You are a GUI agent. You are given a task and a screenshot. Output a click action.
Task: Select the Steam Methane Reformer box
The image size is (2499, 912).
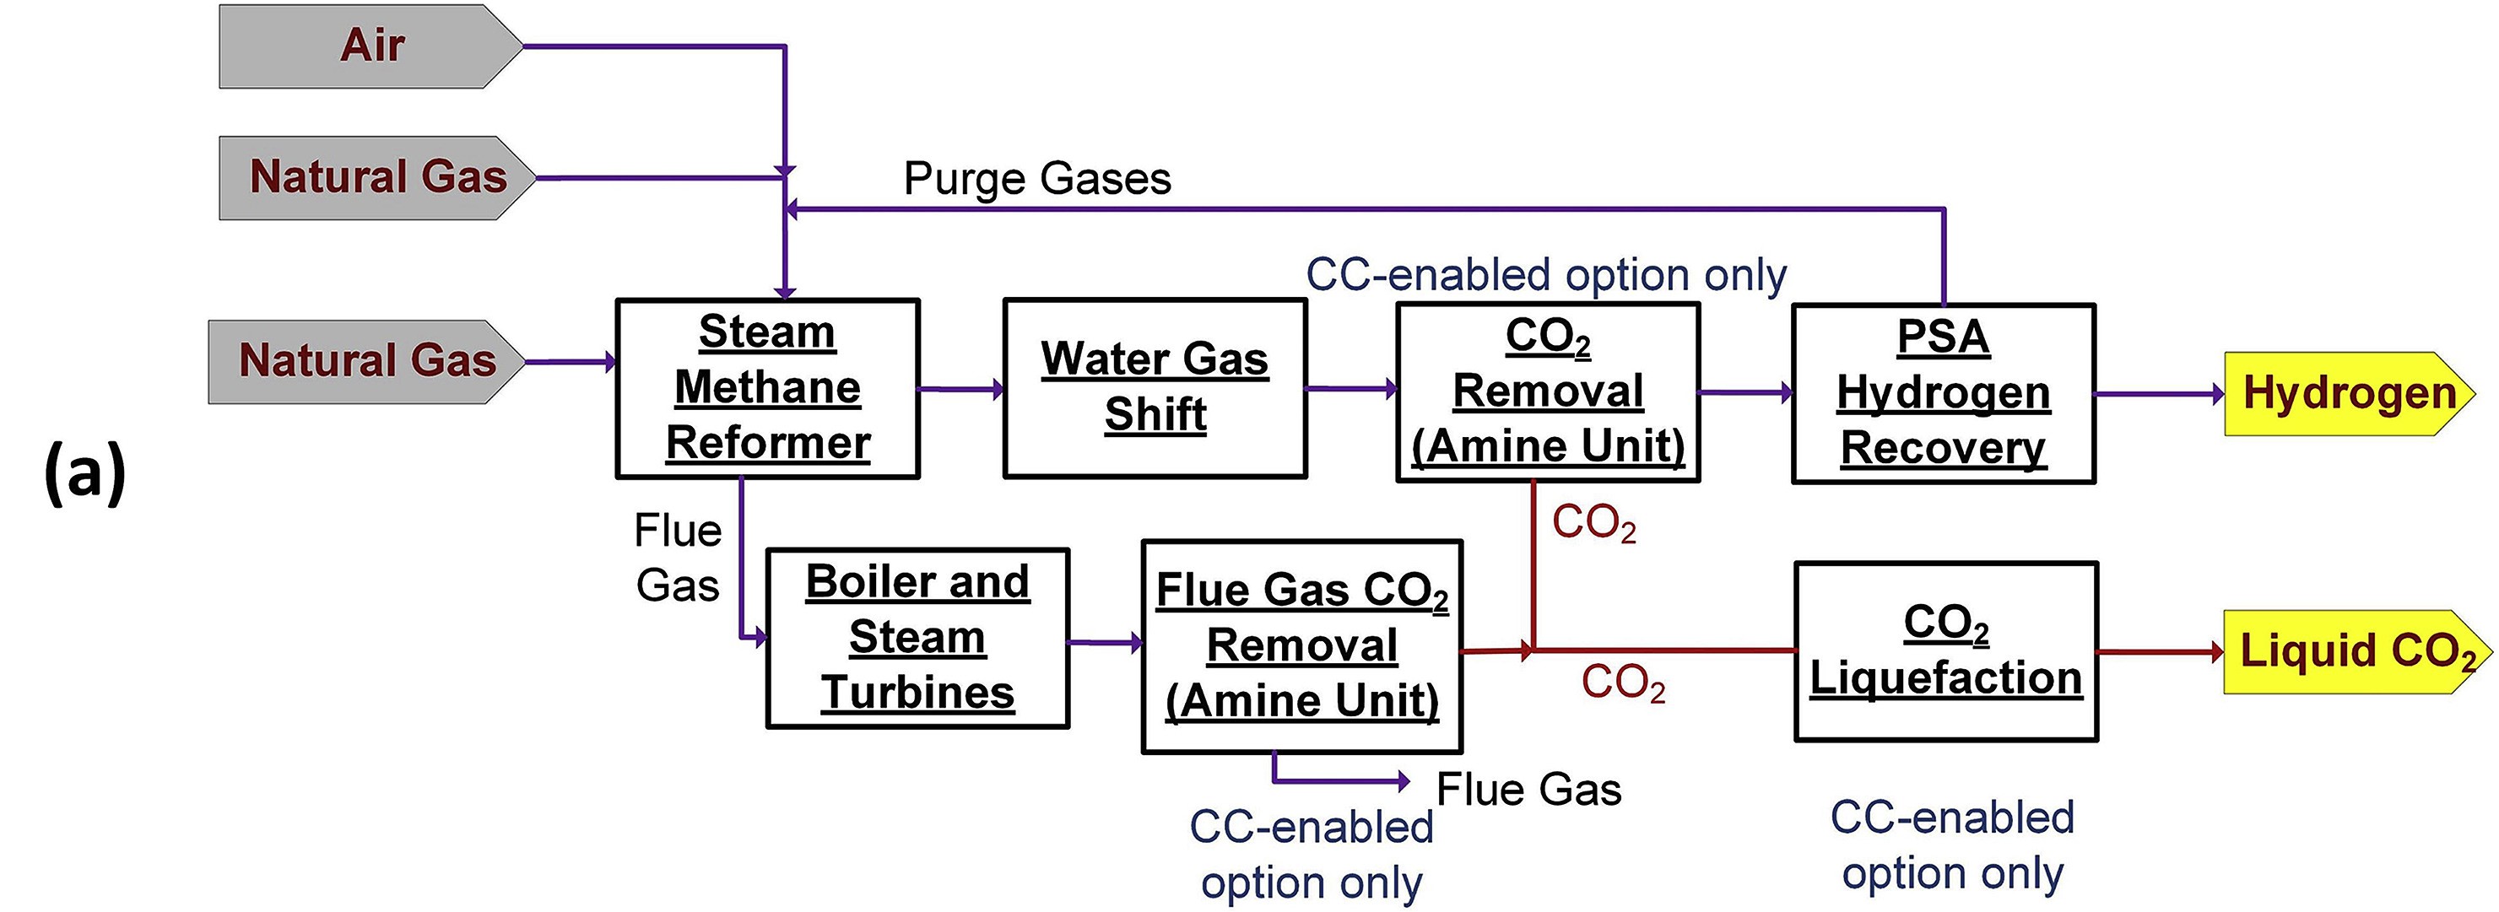point(767,388)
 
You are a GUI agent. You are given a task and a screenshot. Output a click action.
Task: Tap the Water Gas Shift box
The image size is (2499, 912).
point(1155,387)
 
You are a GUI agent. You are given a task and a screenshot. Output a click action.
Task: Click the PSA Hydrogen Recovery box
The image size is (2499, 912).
point(1943,393)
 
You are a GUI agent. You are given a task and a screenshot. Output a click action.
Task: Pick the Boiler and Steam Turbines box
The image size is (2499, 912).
point(917,638)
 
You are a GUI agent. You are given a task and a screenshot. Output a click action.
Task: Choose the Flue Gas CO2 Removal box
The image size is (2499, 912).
point(1302,646)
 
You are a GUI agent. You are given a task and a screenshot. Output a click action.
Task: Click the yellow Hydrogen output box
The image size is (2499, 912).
point(2348,394)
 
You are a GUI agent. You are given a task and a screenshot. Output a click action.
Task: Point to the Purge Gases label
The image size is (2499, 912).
point(1037,179)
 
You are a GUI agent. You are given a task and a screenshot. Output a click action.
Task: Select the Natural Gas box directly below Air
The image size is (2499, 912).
point(377,177)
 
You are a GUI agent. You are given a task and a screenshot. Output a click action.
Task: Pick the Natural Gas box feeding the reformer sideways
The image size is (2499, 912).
point(366,361)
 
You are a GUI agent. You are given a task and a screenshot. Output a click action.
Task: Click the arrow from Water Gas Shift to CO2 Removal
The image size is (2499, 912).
point(1351,389)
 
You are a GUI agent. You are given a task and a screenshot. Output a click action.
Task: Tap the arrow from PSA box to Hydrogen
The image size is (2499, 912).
point(2160,394)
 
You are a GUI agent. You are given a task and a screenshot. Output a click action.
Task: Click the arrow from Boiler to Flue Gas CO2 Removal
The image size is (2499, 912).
point(1106,642)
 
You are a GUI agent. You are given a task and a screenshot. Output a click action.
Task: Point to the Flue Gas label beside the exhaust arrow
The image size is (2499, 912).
point(1528,789)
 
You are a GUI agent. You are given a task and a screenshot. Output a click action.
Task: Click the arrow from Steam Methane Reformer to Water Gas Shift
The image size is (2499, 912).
point(960,390)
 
